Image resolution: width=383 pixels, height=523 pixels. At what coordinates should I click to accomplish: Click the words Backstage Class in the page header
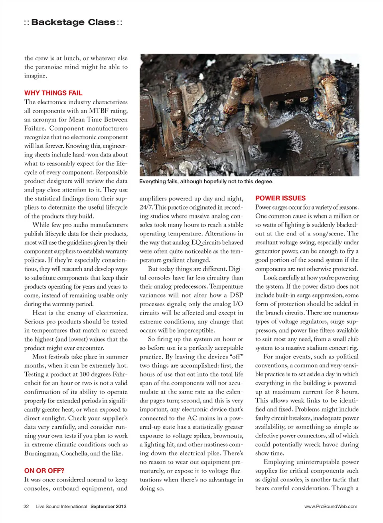(x=73, y=22)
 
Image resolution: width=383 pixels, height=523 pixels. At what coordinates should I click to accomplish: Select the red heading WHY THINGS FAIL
(x=53, y=93)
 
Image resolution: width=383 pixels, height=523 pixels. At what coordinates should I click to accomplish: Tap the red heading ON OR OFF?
(x=44, y=471)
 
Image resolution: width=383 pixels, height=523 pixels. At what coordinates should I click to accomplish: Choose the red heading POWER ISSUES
(x=280, y=198)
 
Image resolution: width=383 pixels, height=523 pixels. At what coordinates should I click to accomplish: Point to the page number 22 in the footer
(x=26, y=506)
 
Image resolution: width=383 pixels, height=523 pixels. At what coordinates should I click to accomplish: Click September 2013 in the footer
(x=108, y=506)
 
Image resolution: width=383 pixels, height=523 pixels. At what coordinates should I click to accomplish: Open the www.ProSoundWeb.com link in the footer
(x=330, y=506)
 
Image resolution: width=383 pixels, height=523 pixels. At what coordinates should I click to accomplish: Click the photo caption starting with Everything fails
(x=206, y=181)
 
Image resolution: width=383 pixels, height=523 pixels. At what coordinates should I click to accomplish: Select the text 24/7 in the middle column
(x=146, y=207)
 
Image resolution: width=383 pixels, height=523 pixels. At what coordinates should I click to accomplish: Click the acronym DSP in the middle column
(x=236, y=295)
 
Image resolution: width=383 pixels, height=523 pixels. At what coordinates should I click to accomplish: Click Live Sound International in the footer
(x=61, y=506)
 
